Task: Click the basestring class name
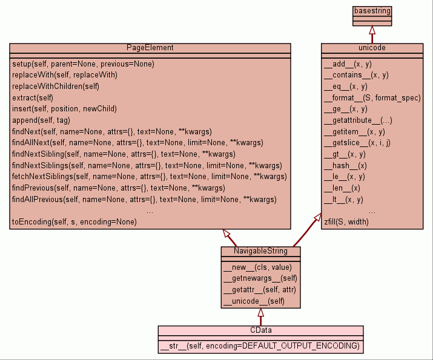(x=372, y=11)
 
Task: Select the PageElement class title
(x=150, y=48)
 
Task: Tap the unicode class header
(x=372, y=48)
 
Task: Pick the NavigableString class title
(x=260, y=251)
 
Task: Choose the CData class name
(x=260, y=330)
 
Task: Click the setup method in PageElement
(x=83, y=64)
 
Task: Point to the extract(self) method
(x=33, y=97)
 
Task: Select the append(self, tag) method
(x=41, y=120)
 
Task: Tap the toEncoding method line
(x=74, y=222)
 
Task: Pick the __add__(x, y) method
(x=348, y=64)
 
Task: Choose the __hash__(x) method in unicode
(x=345, y=165)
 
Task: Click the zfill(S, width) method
(x=346, y=222)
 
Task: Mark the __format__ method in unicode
(x=372, y=97)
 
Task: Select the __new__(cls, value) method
(x=257, y=267)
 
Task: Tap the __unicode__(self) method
(x=254, y=301)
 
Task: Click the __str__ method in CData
(x=260, y=346)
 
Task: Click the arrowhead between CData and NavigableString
(x=260, y=313)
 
